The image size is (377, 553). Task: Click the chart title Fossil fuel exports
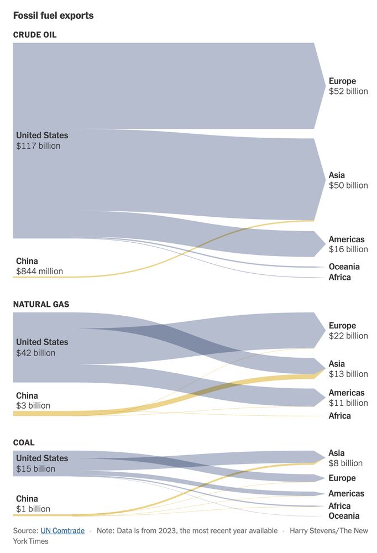pos(53,15)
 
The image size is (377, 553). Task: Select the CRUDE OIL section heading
pos(35,35)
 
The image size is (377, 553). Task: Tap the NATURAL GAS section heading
pos(41,304)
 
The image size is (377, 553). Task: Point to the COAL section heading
pos(24,442)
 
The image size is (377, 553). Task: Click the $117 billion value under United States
pos(38,146)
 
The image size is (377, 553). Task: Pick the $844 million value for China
pos(39,272)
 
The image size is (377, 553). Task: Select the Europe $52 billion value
pos(348,91)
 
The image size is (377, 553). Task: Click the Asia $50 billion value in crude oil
pos(348,185)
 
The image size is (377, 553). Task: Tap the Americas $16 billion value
pos(348,249)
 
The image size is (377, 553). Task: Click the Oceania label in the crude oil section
pos(344,267)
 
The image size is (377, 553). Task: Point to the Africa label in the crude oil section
pos(339,277)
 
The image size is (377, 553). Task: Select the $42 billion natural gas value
pos(35,353)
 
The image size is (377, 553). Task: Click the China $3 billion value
pos(33,405)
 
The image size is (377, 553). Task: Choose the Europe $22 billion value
pos(348,336)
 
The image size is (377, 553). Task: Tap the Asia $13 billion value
pos(348,374)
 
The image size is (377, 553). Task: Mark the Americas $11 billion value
pos(348,403)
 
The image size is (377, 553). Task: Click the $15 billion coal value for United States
pos(35,468)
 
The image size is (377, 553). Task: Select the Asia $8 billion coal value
pos(345,463)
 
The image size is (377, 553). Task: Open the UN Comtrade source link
pos(62,531)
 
